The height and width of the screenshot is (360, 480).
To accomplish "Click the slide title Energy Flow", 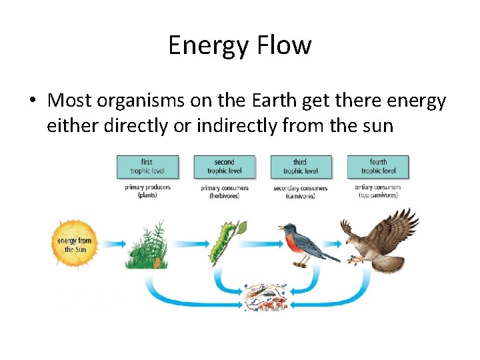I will (x=239, y=45).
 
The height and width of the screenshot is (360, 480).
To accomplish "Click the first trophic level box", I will (x=147, y=167).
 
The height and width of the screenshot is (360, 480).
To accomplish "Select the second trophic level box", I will (x=224, y=167).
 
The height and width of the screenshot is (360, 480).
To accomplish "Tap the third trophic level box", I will (x=300, y=167).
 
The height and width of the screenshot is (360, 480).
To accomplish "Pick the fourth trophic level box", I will (x=377, y=167).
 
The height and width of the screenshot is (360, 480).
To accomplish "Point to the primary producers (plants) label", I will (x=147, y=191).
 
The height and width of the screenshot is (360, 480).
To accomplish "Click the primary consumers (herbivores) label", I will (x=224, y=191).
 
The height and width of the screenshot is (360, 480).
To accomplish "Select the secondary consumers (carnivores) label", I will (x=300, y=191).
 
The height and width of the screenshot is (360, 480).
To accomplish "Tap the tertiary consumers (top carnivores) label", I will (x=377, y=191).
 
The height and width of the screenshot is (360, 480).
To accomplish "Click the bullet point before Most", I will (x=31, y=101).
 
